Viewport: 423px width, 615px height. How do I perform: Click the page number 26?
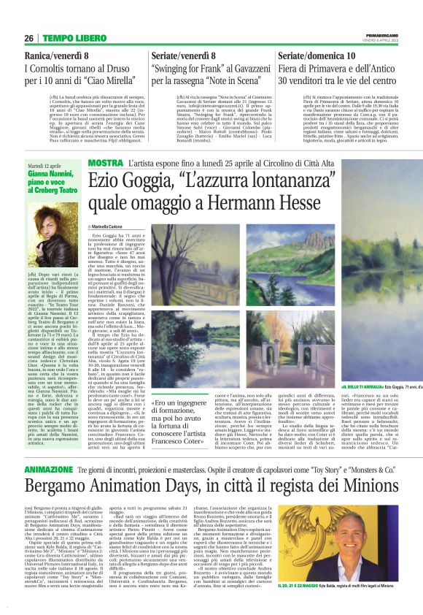(29, 38)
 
